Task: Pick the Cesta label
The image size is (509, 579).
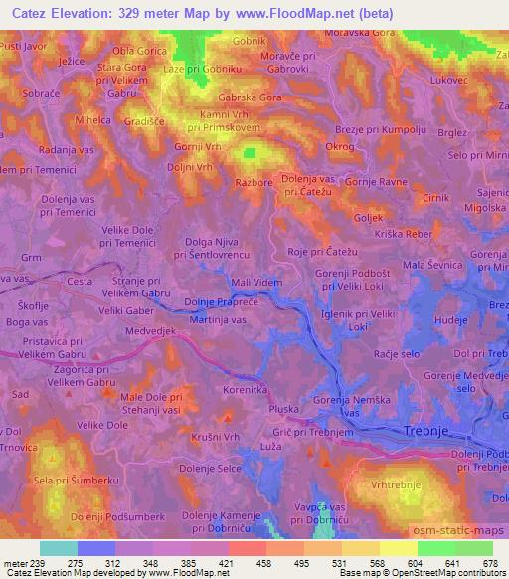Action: [x=80, y=281]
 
